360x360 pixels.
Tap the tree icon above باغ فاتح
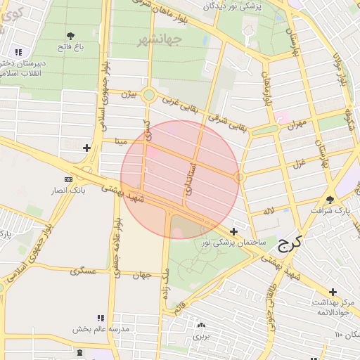coord(70,35)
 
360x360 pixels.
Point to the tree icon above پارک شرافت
coord(330,199)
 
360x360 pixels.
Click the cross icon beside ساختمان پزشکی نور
coord(233,231)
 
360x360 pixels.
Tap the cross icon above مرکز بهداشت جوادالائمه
coord(333,291)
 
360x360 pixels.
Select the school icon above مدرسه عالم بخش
coord(100,318)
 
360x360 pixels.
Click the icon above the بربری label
coord(202,325)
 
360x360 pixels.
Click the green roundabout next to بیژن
coord(148,95)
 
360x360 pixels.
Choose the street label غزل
coord(297,165)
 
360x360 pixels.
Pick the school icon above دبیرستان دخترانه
coord(17,52)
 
